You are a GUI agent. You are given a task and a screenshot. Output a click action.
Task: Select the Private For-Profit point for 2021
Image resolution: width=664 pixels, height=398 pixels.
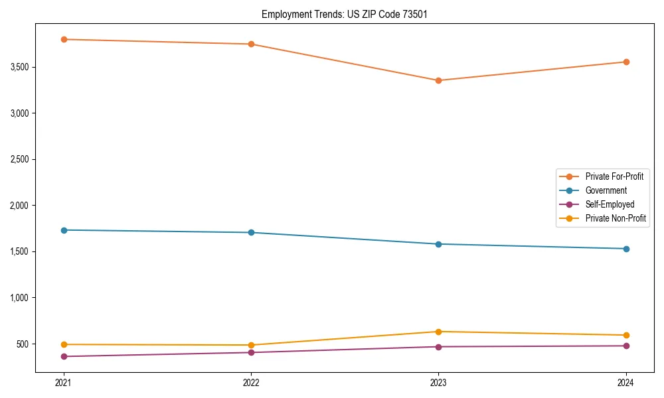[64, 39]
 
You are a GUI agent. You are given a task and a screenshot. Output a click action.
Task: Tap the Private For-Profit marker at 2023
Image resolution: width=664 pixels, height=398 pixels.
[438, 80]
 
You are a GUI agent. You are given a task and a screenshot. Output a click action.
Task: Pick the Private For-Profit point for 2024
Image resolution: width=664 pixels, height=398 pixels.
[626, 62]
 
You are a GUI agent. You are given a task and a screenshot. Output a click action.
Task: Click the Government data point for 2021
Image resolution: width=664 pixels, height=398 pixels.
[64, 230]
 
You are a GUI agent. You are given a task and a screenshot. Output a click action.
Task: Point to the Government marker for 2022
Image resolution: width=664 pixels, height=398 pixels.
[251, 233]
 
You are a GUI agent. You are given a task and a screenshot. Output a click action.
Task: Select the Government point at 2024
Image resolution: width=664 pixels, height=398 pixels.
[626, 249]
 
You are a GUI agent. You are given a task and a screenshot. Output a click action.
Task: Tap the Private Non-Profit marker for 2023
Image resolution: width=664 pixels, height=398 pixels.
[438, 332]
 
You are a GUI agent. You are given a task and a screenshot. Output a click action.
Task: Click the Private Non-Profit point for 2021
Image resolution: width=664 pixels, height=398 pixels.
[64, 344]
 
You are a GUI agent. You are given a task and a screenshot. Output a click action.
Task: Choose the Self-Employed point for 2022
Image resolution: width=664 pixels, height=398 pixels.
[251, 352]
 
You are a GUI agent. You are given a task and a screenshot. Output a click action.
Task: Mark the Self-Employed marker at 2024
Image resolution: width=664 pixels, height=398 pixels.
[626, 346]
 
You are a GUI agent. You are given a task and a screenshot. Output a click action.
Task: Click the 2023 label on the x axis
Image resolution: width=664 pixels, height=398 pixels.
[438, 383]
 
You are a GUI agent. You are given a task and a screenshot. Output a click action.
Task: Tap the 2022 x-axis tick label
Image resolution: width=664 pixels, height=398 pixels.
[251, 383]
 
